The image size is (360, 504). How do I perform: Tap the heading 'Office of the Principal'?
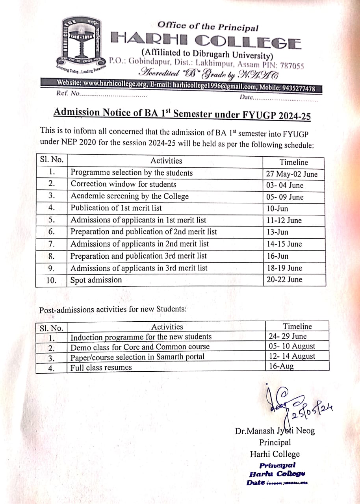(208, 26)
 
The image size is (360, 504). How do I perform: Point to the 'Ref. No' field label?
(68, 94)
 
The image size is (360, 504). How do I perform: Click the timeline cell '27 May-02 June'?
(292, 174)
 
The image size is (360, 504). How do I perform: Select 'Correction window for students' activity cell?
(123, 184)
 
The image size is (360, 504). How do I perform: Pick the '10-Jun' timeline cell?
(277, 209)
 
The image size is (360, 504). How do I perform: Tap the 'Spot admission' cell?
(96, 280)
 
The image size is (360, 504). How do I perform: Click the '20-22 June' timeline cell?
(284, 280)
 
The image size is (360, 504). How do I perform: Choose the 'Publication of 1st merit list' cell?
(116, 208)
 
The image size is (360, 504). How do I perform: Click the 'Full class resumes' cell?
(101, 368)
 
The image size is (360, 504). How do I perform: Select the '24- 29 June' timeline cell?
(288, 336)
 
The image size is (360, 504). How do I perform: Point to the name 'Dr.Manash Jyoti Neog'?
(275, 431)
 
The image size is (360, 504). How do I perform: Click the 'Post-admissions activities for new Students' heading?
(113, 309)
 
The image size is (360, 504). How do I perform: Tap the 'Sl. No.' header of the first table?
(51, 160)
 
